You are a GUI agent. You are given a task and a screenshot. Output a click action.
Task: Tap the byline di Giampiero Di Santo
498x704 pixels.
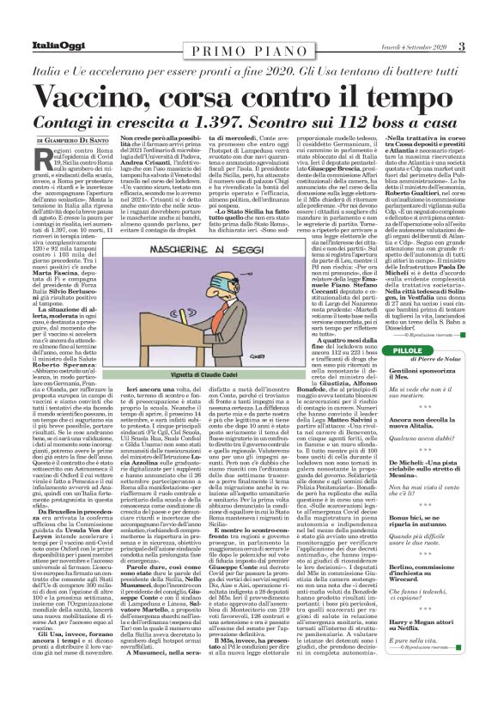click(71, 140)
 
